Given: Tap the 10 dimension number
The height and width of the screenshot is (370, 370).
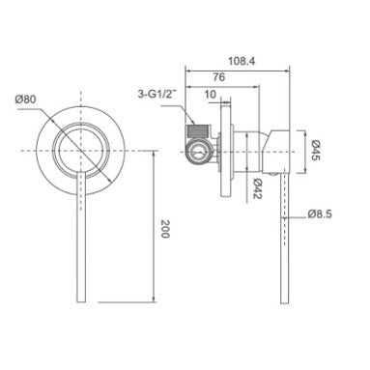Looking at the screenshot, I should click(x=212, y=98).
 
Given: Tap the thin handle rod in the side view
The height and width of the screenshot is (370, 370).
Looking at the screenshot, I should click(x=283, y=242).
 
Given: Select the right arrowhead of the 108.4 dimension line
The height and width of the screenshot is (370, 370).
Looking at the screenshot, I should click(x=291, y=68).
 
